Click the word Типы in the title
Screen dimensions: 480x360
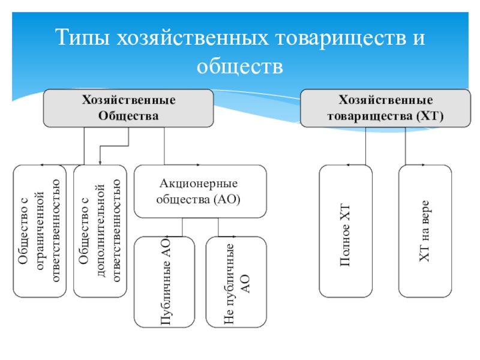coord(83,38)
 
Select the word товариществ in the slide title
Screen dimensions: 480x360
coord(341,38)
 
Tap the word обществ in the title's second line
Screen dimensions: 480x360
coord(239,66)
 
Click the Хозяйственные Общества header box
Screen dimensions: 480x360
coord(128,108)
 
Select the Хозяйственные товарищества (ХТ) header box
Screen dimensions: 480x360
coord(385,108)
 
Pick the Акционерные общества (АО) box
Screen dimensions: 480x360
coord(200,191)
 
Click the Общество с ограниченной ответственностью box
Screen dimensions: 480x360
coord(40,231)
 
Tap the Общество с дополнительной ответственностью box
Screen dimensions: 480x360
coord(100,231)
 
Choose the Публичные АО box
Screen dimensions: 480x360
coord(164,282)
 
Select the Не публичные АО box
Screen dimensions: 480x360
coord(236,282)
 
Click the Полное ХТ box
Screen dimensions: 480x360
coord(346,231)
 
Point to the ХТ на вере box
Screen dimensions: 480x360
coord(425,231)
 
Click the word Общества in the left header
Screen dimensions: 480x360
coord(128,116)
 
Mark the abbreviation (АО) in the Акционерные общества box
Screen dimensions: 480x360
coord(227,200)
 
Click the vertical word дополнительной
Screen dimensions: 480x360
coord(101,230)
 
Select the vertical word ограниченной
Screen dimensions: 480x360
coord(40,230)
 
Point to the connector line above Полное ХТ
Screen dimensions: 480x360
coord(365,146)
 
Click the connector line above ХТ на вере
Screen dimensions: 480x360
coord(406,146)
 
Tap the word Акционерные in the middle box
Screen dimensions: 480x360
coord(199,184)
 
